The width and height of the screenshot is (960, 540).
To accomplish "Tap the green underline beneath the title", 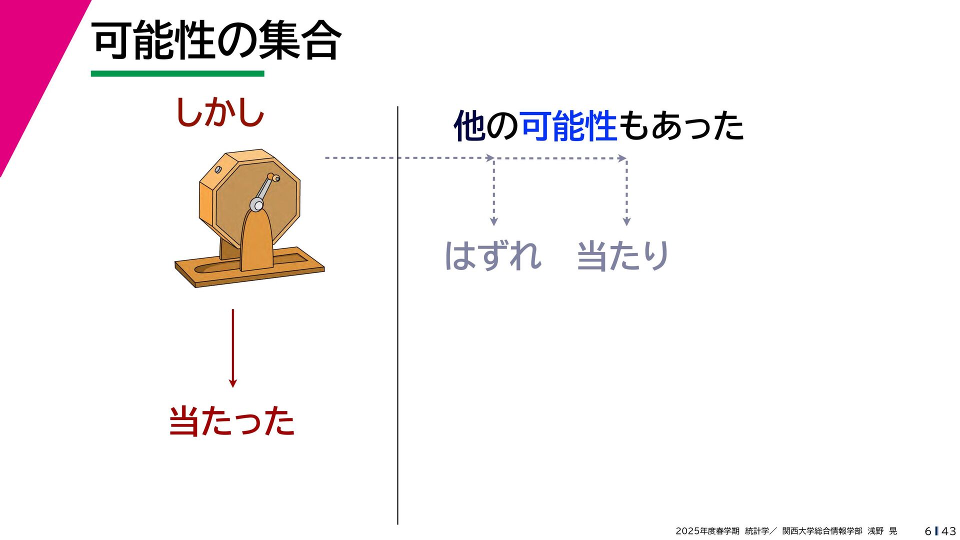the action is [x=177, y=74].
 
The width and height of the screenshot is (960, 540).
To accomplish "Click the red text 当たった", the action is [x=231, y=421].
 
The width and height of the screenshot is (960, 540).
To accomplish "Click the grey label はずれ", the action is [x=493, y=256].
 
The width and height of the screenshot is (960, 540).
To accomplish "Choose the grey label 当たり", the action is [x=623, y=256].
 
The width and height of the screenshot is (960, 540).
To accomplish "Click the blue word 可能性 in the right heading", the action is [x=568, y=126].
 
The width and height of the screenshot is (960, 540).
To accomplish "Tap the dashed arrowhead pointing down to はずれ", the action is [x=493, y=221].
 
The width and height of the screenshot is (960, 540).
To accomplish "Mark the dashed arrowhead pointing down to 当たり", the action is [x=626, y=221].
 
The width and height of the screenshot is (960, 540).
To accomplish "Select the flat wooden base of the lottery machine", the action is [x=250, y=270].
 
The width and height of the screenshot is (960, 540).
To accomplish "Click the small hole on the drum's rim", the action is [x=218, y=169].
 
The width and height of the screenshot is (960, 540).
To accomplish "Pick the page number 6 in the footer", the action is [x=927, y=531].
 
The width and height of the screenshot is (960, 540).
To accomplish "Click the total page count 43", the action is [x=948, y=531].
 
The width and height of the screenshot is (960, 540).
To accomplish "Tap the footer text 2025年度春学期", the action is [x=707, y=531].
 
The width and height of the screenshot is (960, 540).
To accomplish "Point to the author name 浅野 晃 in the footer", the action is [x=882, y=531].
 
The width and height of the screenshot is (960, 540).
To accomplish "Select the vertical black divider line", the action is [x=397, y=315].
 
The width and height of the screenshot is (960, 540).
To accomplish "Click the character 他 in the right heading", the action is [x=469, y=126].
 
